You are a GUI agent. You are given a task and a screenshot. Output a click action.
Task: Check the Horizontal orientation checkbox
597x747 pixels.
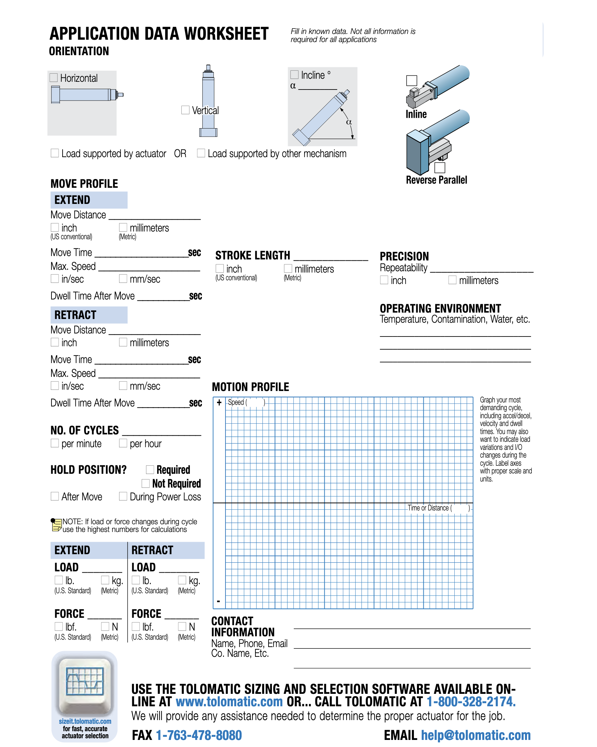click(54, 77)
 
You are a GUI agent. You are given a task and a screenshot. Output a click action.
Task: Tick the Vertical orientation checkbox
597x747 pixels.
click(185, 110)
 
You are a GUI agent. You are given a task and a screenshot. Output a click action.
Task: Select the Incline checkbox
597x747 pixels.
click(294, 74)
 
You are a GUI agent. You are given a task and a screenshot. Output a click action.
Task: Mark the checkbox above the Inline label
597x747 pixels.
click(411, 80)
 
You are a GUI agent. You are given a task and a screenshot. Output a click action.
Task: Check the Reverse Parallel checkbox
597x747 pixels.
click(440, 168)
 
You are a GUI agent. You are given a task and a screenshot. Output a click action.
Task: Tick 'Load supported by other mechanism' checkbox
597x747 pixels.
click(201, 153)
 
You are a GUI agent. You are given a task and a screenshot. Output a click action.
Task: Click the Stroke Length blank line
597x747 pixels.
click(330, 257)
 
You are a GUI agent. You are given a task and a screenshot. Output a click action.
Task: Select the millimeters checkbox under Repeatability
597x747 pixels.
click(452, 280)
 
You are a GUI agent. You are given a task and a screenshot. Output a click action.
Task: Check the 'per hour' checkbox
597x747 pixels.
click(123, 443)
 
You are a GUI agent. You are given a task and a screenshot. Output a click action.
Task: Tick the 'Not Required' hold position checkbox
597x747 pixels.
click(145, 483)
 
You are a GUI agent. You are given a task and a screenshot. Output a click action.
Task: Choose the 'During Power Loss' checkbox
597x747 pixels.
click(123, 496)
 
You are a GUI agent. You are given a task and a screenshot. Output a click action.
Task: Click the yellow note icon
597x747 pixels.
click(56, 525)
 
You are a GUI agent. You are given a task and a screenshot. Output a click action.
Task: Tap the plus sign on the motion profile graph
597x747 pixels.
click(219, 402)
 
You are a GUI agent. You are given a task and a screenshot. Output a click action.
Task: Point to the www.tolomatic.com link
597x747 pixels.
click(229, 702)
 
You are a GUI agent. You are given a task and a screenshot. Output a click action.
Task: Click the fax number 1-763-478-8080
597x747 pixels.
click(199, 735)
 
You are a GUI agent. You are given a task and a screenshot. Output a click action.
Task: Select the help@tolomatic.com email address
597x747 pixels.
click(476, 735)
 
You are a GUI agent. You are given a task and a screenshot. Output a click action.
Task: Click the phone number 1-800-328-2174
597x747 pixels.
click(471, 702)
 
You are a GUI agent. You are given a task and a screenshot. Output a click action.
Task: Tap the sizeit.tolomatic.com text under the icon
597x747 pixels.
click(85, 721)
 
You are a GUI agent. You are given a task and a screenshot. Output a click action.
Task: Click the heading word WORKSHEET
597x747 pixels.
click(226, 34)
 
